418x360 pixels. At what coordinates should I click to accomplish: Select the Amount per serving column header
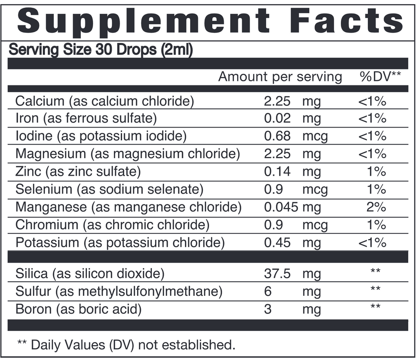pyautogui.click(x=280, y=77)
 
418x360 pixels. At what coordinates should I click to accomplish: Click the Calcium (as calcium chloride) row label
pyautogui.click(x=104, y=101)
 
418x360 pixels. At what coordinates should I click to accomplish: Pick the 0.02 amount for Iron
pyautogui.click(x=277, y=119)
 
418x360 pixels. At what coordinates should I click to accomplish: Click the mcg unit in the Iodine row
pyautogui.click(x=315, y=136)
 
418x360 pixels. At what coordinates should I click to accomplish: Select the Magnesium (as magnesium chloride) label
pyautogui.click(x=128, y=154)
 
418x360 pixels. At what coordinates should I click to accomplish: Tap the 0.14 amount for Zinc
pyautogui.click(x=277, y=172)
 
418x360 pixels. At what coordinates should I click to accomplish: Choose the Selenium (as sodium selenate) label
pyautogui.click(x=109, y=189)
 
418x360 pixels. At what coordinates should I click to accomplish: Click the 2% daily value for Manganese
pyautogui.click(x=376, y=207)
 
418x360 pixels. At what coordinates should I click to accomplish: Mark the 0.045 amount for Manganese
pyautogui.click(x=281, y=207)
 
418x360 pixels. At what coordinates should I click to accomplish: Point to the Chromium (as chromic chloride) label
pyautogui.click(x=112, y=225)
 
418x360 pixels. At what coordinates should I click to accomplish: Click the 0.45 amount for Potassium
pyautogui.click(x=277, y=243)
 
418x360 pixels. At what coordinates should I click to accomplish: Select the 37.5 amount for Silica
pyautogui.click(x=277, y=273)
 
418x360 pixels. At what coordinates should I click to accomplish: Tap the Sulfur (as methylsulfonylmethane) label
pyautogui.click(x=119, y=291)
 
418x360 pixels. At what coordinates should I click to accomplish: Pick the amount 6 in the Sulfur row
pyautogui.click(x=268, y=291)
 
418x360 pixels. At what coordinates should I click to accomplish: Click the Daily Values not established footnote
pyautogui.click(x=127, y=345)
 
